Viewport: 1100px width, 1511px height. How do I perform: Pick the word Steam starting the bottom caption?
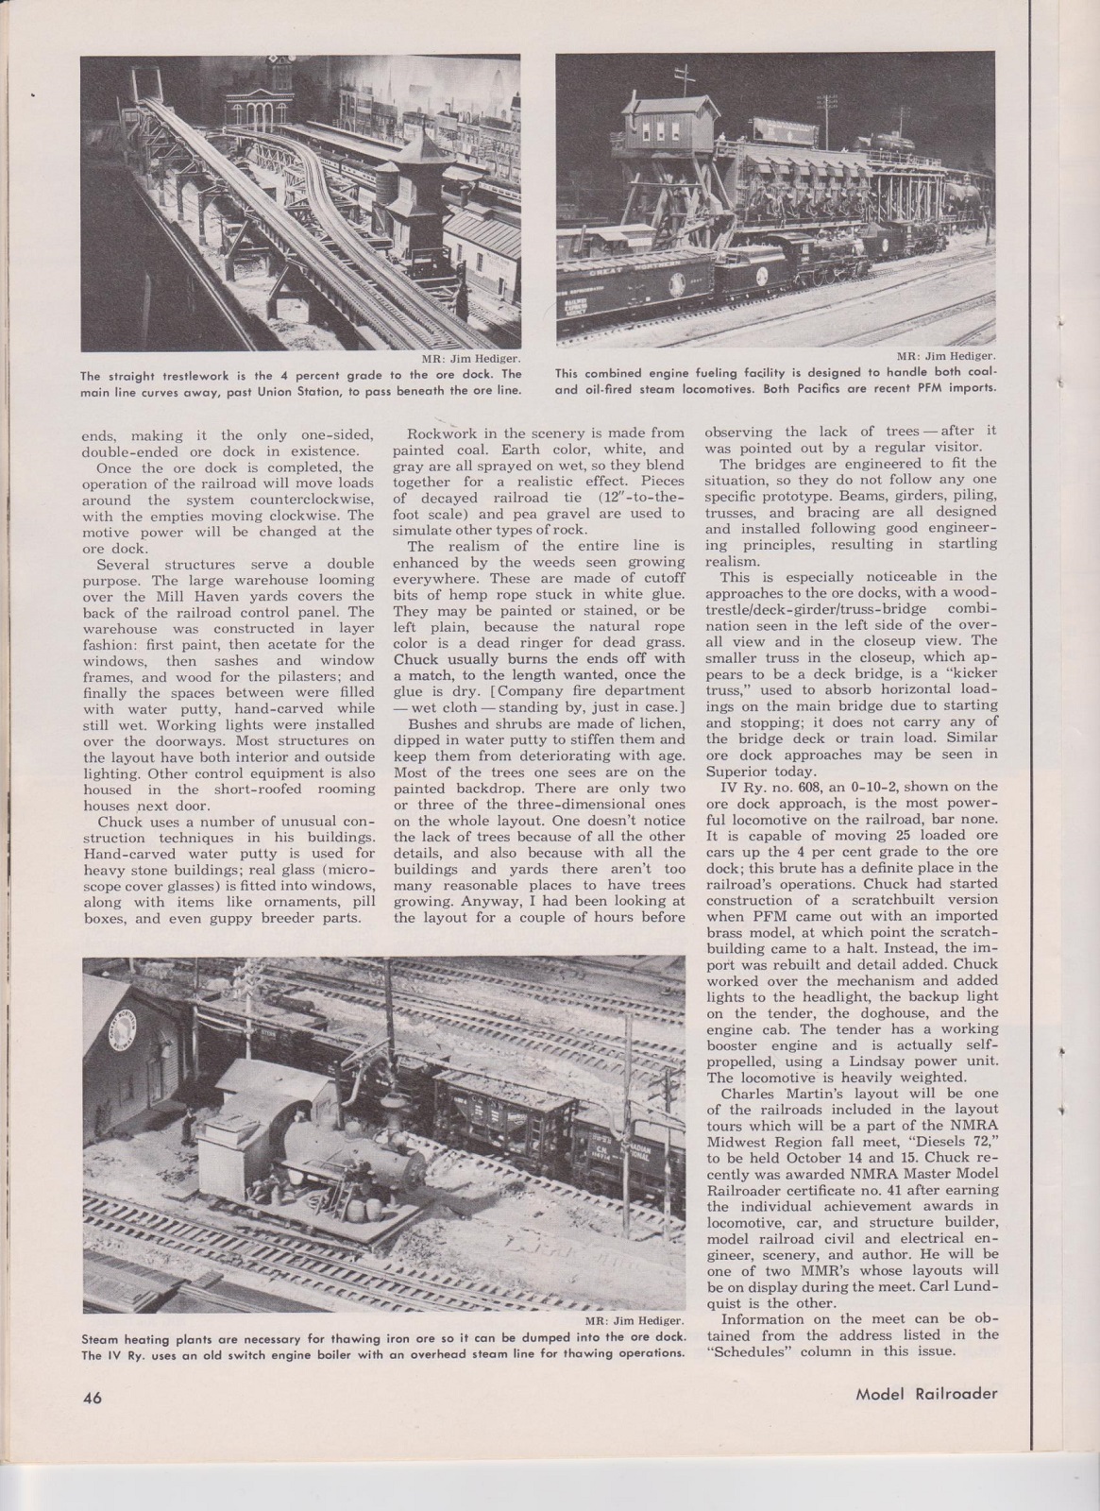(x=103, y=1338)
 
